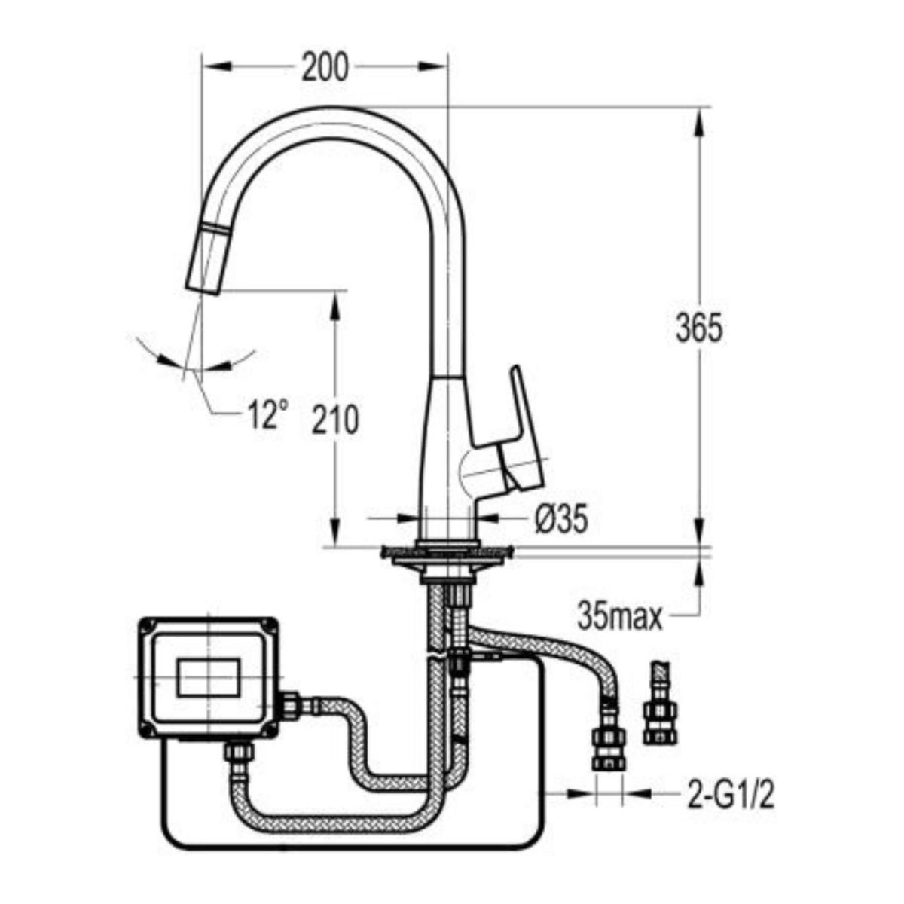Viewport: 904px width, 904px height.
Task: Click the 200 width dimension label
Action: pyautogui.click(x=325, y=66)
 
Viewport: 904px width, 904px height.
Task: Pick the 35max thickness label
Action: pyautogui.click(x=620, y=618)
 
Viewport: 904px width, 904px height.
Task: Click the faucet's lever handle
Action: pyautogui.click(x=516, y=436)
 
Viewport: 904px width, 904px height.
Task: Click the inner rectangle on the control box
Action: pyautogui.click(x=209, y=677)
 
